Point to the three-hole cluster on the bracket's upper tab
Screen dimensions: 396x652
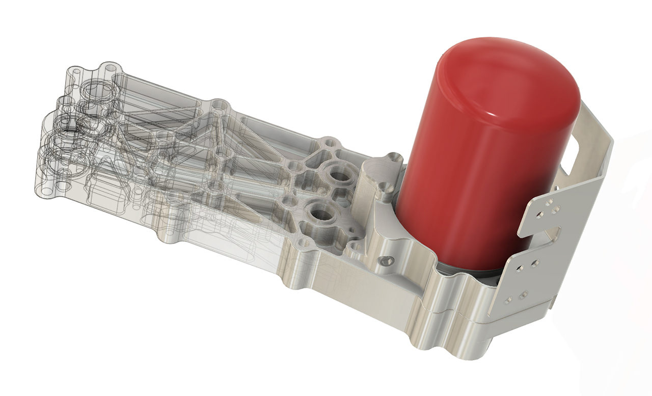(551, 206)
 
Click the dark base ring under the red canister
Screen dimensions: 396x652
(458, 273)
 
